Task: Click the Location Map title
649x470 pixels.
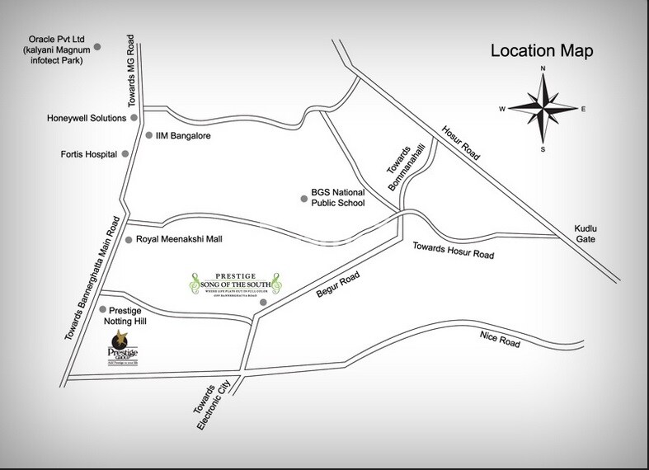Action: click(541, 50)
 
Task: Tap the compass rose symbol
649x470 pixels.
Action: click(543, 108)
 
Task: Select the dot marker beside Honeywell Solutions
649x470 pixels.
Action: click(134, 118)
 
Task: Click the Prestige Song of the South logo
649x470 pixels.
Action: click(237, 287)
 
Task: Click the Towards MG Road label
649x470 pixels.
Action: click(128, 78)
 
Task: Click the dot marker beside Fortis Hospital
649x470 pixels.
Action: click(126, 153)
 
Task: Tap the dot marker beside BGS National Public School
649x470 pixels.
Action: click(303, 198)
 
